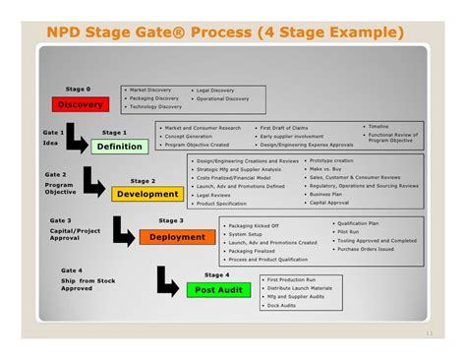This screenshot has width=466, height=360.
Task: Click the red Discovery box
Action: (x=81, y=104)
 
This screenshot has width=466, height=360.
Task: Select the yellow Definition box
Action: (x=119, y=147)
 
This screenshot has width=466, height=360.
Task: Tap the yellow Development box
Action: (x=146, y=194)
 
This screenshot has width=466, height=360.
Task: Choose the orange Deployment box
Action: (x=178, y=237)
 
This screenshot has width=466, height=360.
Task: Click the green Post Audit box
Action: (x=211, y=289)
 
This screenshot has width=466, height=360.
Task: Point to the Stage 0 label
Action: (x=78, y=90)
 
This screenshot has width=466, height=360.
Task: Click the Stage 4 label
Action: (x=216, y=274)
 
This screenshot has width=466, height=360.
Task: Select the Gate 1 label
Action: (x=54, y=132)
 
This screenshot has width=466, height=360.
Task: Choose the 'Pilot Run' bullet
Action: (x=351, y=231)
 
